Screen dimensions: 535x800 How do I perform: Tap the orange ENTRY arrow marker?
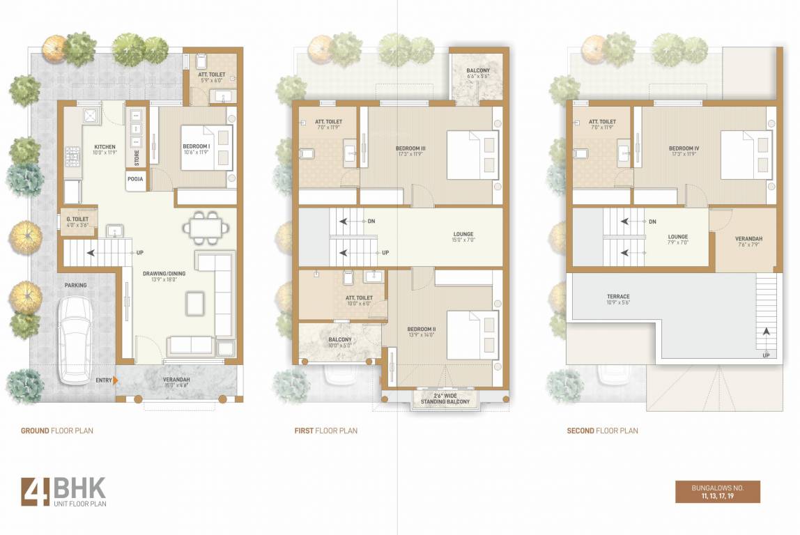click(x=115, y=380)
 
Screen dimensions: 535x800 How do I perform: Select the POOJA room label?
click(x=137, y=179)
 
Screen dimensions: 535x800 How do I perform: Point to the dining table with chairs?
click(x=206, y=227)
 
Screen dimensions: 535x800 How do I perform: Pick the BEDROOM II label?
click(x=422, y=332)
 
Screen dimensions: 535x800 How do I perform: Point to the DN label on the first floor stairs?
click(x=371, y=221)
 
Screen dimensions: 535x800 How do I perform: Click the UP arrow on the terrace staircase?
click(x=766, y=334)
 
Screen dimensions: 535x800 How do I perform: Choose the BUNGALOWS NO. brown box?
click(x=717, y=492)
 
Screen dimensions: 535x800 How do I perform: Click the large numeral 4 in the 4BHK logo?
click(x=35, y=491)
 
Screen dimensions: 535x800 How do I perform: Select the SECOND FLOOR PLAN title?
click(x=602, y=431)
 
